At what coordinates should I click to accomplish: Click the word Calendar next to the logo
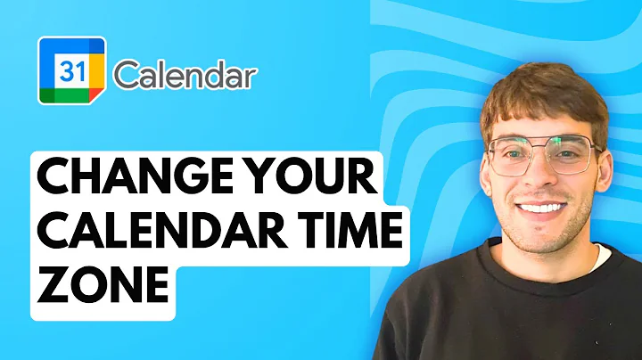click(185, 76)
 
